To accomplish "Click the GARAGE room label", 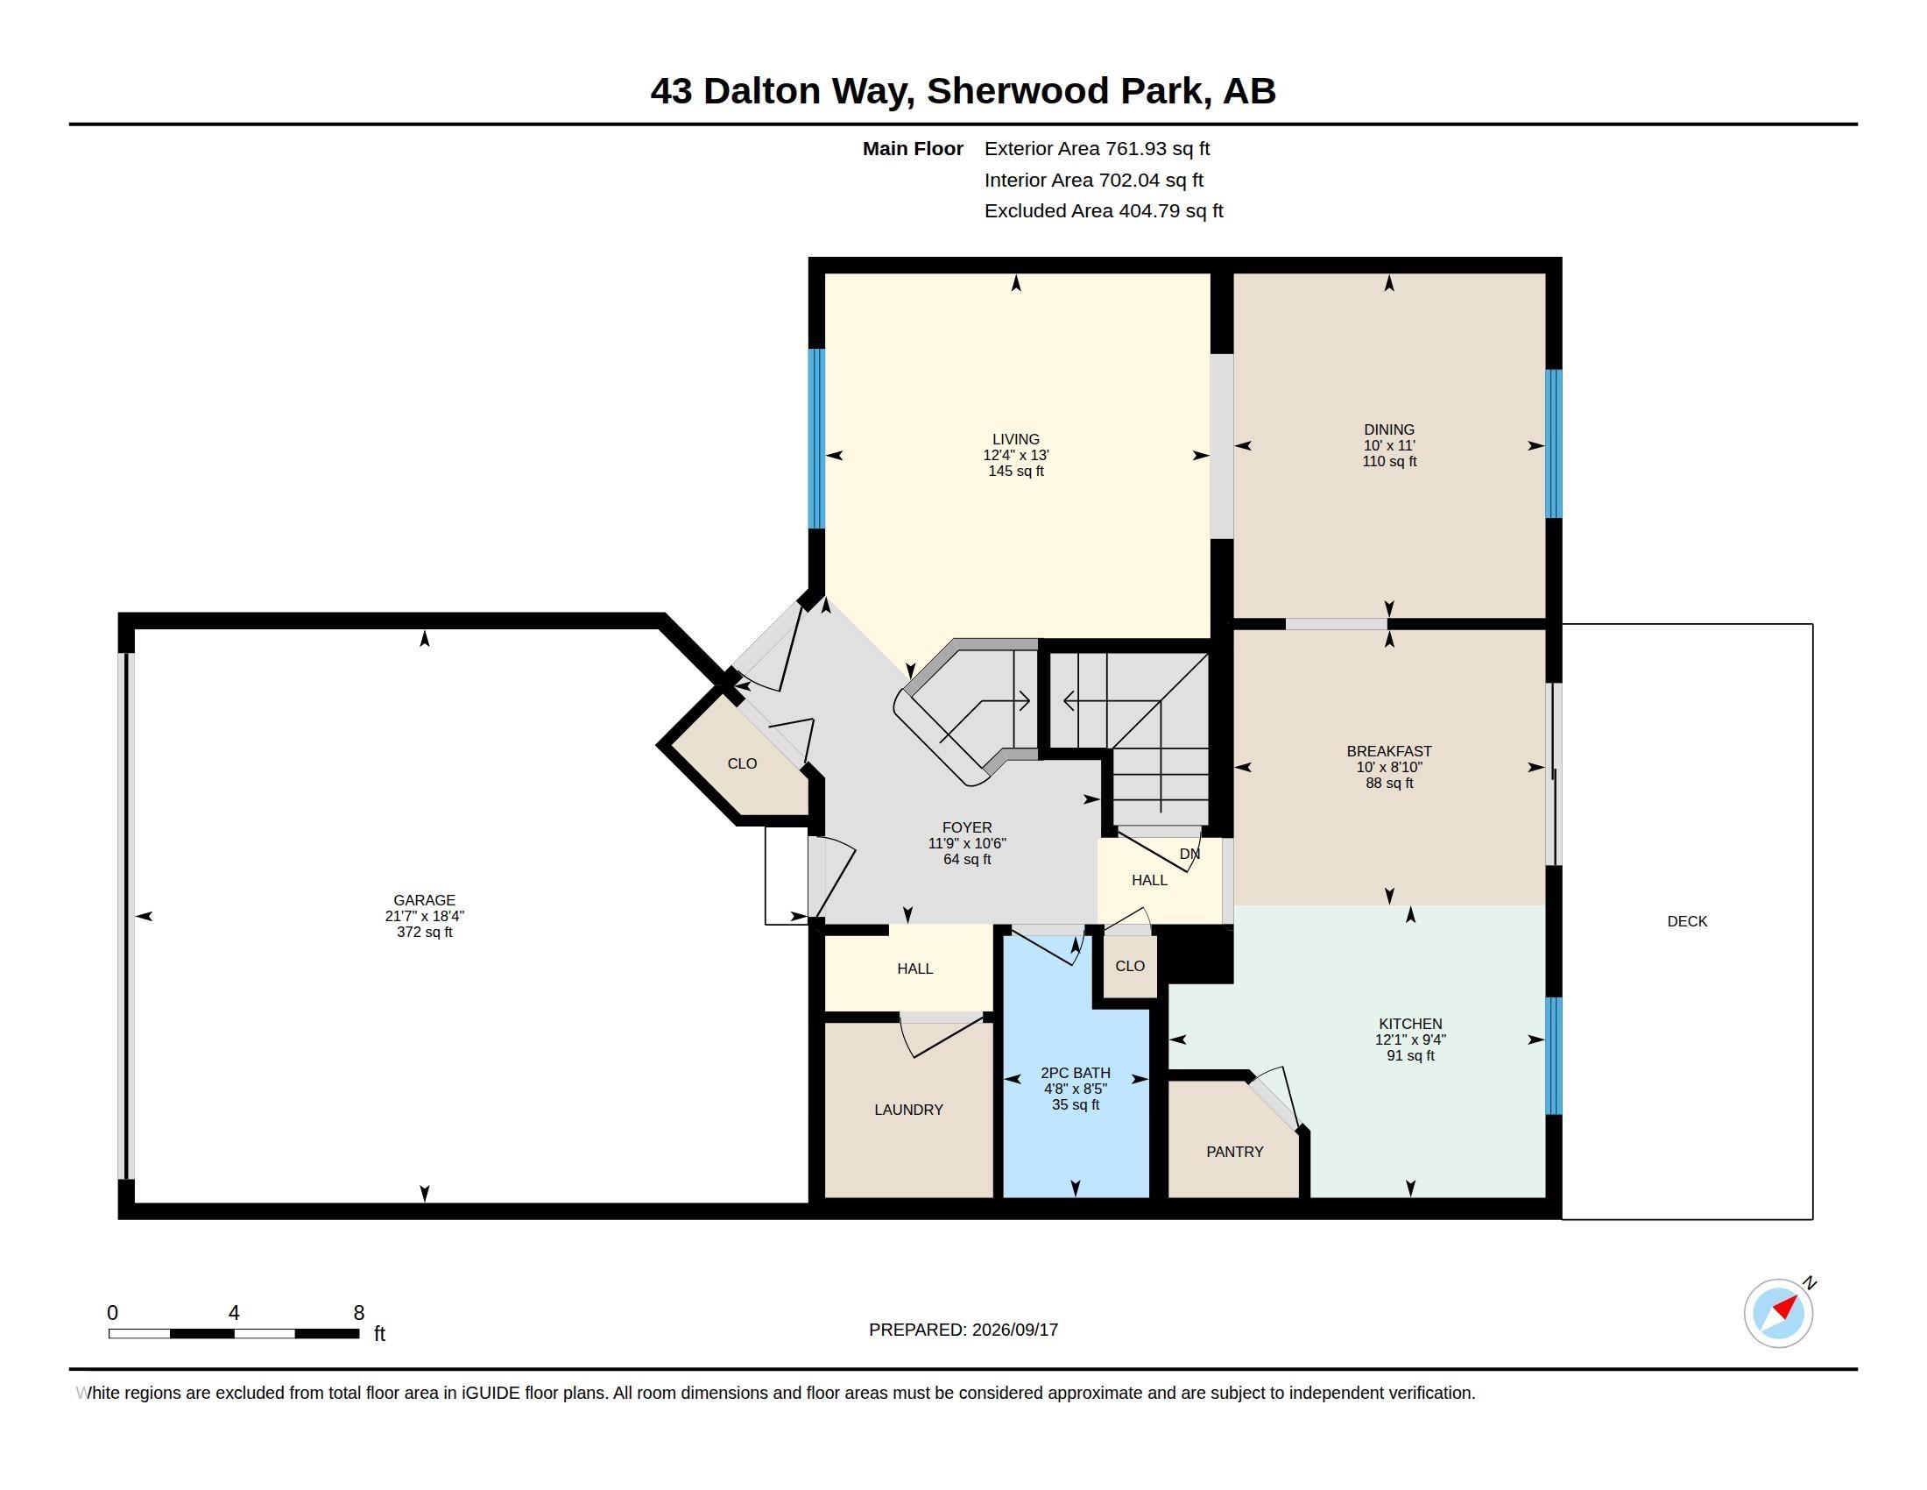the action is coord(425,900).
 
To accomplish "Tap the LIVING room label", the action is coord(1015,439).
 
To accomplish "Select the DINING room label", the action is coord(1389,429).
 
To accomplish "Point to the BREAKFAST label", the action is coord(1389,751).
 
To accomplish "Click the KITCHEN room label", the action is coord(1410,1024).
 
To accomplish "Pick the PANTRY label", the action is coord(1234,1152).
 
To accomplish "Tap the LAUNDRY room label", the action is coord(909,1110).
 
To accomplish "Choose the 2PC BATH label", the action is coord(1076,1074).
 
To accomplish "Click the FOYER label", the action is coord(967,828).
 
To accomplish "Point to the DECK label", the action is coord(1687,921).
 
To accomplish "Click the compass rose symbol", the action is coord(1779,1313).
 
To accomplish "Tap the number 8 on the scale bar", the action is coord(359,1313).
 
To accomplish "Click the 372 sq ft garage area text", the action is coord(425,933).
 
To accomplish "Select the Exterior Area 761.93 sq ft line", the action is coord(1097,149).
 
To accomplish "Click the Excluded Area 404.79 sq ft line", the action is coord(1104,211).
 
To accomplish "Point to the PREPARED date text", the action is coord(963,1330).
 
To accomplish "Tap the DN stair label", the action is coord(1189,854).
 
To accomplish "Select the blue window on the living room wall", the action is coord(817,439).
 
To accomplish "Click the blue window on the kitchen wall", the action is coord(1554,1056).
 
